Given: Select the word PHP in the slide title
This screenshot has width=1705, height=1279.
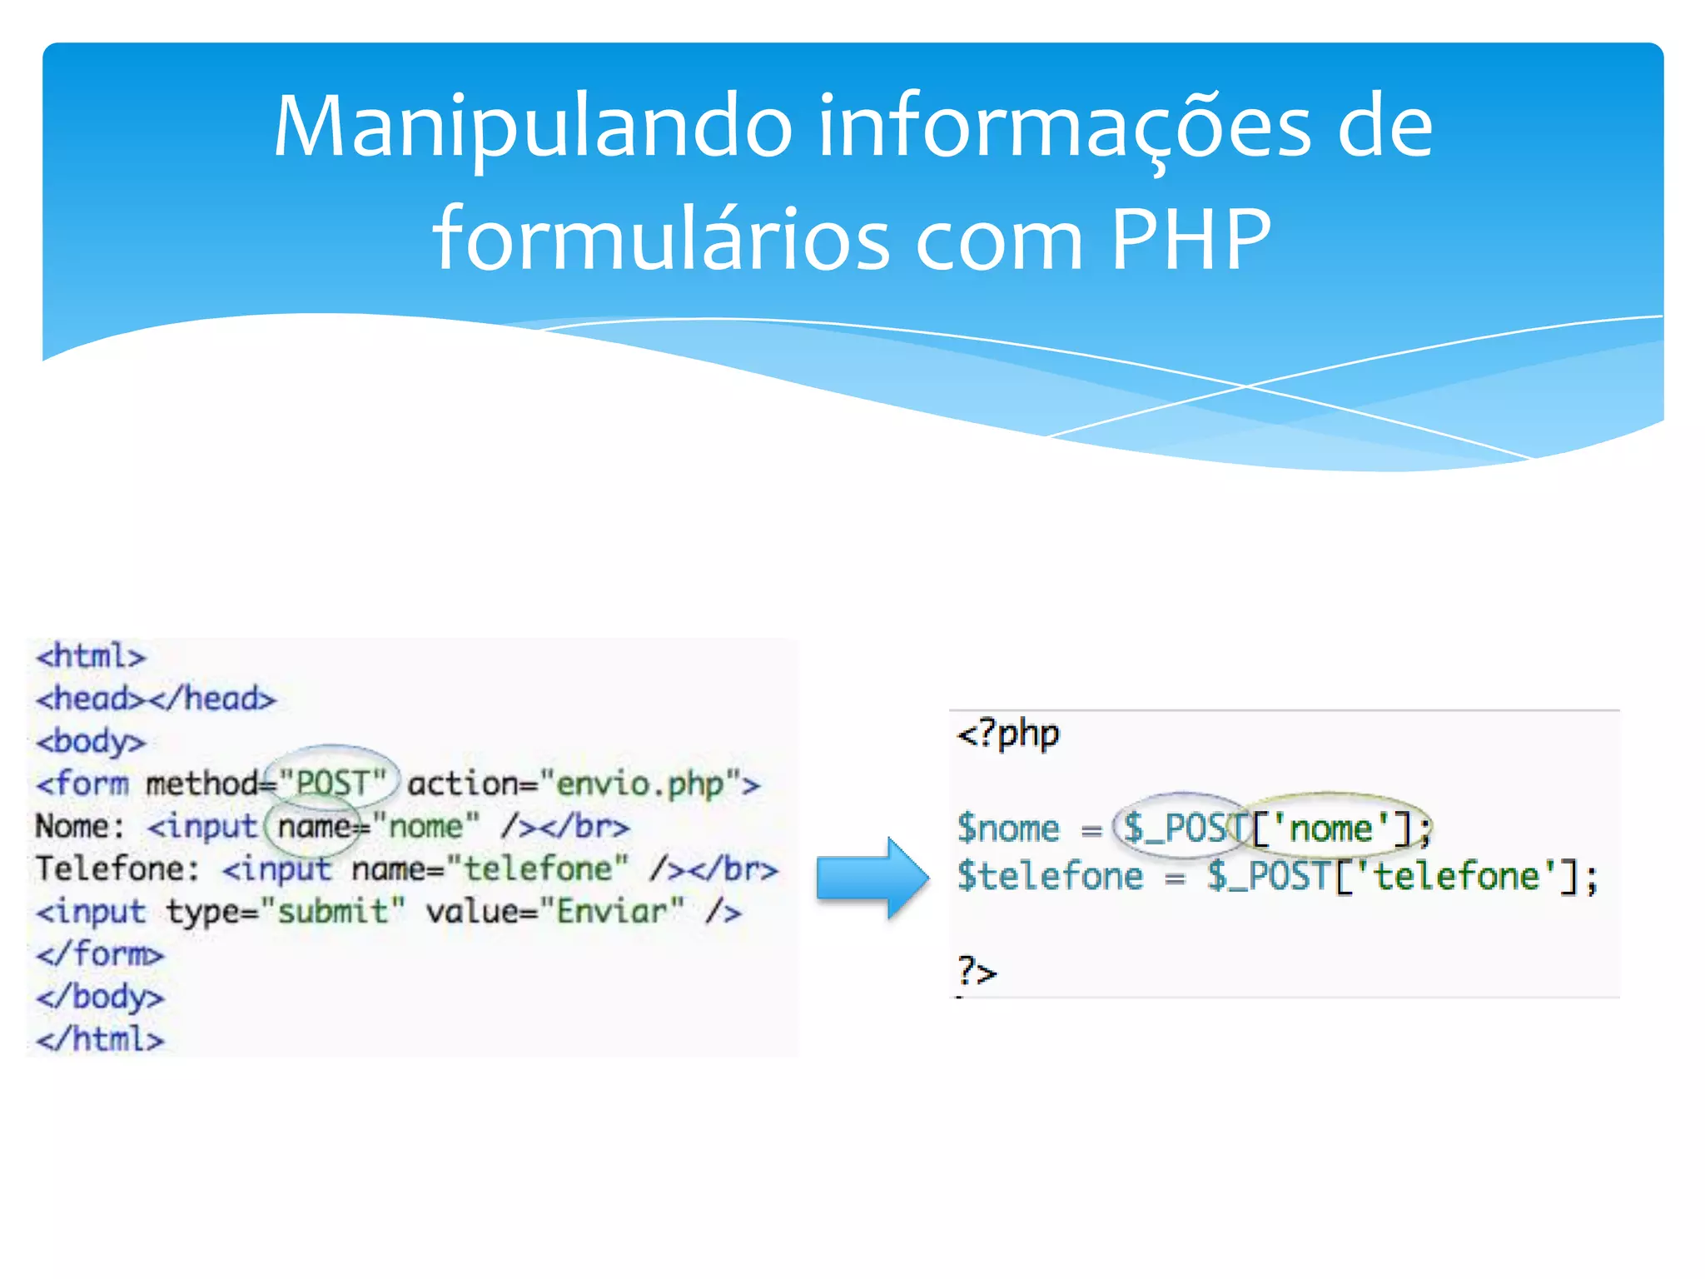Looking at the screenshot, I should tap(1191, 240).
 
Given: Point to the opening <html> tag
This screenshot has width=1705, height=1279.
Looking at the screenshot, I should tap(91, 656).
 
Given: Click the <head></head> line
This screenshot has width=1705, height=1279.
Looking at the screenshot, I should tap(156, 699).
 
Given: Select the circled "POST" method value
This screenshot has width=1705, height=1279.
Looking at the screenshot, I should tap(333, 783).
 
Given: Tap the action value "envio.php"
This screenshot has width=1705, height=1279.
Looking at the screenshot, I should tap(639, 784).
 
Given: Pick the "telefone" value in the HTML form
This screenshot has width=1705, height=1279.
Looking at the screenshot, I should tap(537, 869).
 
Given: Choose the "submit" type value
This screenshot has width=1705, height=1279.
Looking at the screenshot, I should tap(332, 912).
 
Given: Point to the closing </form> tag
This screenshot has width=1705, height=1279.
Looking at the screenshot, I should tap(100, 954).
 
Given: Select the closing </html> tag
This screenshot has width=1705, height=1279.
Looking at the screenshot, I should tap(100, 1039).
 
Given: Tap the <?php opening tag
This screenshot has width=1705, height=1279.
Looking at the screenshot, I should tap(1008, 734).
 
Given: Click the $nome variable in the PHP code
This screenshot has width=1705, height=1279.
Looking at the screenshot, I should tap(1008, 829).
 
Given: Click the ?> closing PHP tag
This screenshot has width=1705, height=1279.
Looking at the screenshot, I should tap(977, 971).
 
